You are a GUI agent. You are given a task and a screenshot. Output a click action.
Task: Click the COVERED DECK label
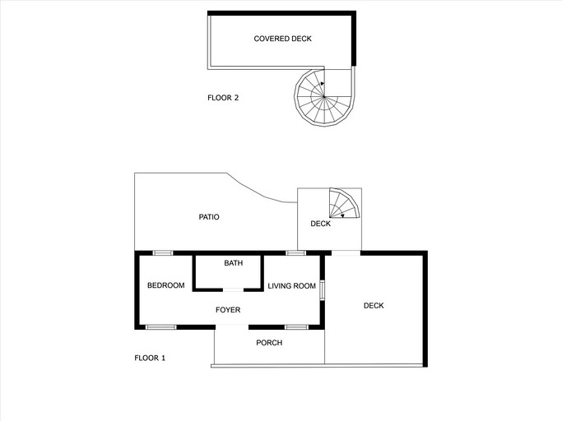point(282,39)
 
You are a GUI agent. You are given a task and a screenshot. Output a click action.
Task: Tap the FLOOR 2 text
point(223,98)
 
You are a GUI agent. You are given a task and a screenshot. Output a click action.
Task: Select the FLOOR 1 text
point(150,358)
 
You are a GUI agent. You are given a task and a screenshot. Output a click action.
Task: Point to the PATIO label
point(209,217)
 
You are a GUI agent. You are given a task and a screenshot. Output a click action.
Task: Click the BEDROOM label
point(165,285)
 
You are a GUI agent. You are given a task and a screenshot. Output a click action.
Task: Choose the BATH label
point(234,263)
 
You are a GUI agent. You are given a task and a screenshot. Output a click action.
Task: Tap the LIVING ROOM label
point(292,285)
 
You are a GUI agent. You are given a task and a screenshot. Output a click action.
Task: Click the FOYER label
point(228,310)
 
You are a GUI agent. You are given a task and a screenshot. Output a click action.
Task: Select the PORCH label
point(269,342)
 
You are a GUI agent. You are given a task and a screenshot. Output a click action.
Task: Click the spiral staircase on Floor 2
point(324,97)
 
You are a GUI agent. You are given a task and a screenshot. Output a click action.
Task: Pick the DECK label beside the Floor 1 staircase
point(320,224)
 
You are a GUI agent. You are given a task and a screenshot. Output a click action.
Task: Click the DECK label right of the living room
point(374,306)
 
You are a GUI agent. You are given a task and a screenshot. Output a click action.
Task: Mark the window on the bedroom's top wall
point(163,252)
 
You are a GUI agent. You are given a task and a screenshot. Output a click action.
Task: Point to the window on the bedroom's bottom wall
point(161,327)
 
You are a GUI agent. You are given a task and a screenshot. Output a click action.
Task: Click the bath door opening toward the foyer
point(235,289)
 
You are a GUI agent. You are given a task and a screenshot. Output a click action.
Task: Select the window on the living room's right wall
point(322,290)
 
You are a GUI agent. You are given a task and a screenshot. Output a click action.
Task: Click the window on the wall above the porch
point(297,327)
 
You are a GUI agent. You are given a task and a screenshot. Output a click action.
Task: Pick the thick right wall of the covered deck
point(354,39)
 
